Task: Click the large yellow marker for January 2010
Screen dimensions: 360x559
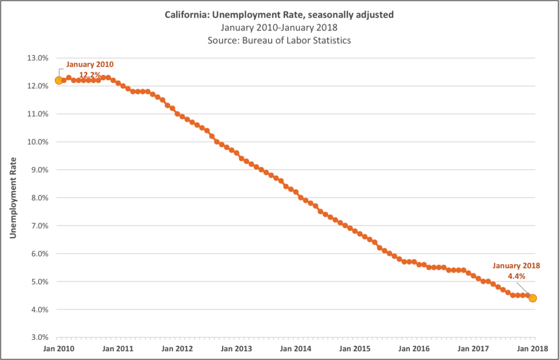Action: click(59, 81)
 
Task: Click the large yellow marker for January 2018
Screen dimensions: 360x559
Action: click(532, 298)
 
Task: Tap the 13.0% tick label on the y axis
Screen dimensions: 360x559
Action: click(37, 58)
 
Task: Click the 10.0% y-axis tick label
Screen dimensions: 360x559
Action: click(37, 142)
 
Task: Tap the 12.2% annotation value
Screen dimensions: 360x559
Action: click(90, 74)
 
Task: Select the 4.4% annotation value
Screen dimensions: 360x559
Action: click(516, 276)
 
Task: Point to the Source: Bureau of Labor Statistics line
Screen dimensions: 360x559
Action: click(279, 40)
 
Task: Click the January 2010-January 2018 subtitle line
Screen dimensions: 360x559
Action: click(279, 27)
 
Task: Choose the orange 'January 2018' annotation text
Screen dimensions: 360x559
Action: click(516, 266)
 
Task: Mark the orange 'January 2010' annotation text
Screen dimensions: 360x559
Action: click(90, 64)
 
